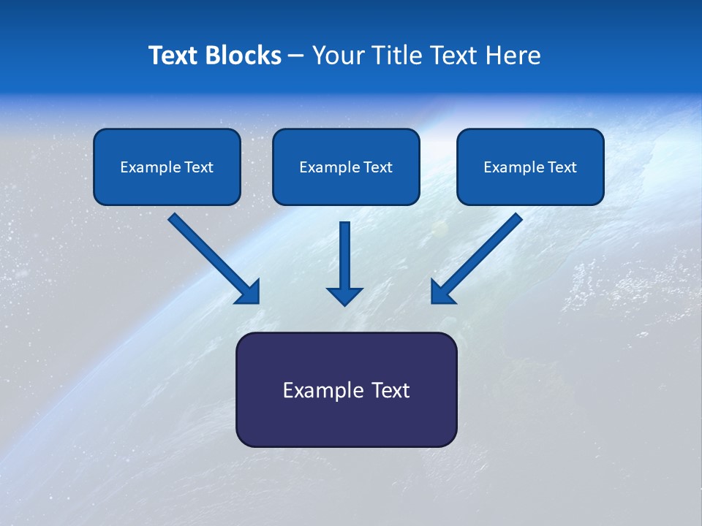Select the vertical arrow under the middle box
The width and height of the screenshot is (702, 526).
tap(344, 256)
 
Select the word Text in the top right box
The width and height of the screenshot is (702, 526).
tap(562, 167)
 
